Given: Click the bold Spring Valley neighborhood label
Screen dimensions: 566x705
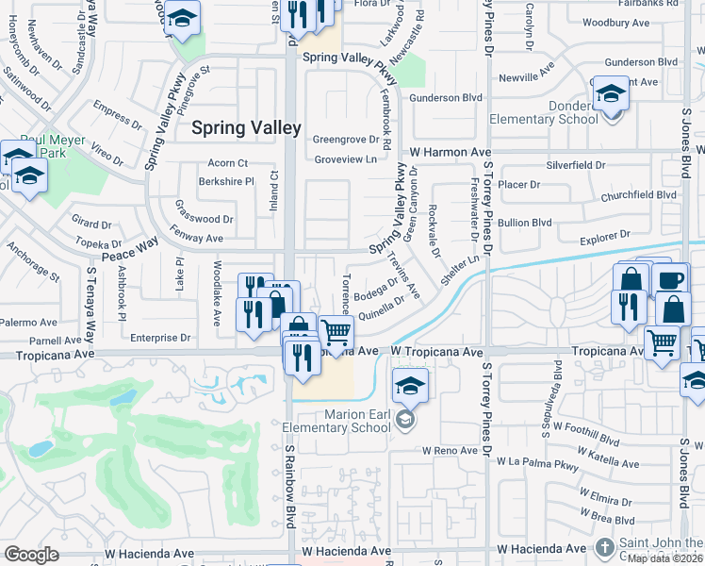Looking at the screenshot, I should coord(247,127).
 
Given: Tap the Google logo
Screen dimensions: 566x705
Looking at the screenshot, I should coord(31,554).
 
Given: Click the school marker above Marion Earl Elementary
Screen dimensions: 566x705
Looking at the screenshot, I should coord(411,386).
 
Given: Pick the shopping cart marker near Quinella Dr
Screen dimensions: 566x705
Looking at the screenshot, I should coord(336,331).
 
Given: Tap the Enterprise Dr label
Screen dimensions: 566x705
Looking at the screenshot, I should coord(160,337).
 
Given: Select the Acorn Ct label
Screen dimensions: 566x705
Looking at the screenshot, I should coord(228,162).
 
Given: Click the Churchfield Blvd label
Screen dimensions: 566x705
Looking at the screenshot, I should coord(640,195).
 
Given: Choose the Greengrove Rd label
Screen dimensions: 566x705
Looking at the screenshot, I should coord(352,140).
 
